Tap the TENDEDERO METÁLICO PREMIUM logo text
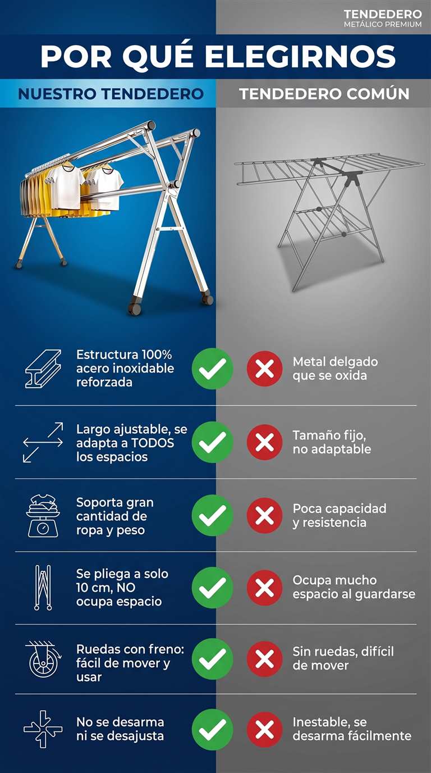tap(383, 19)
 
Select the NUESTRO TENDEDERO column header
tap(111, 94)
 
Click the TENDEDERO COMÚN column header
tap(324, 94)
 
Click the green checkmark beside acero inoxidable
tap(212, 369)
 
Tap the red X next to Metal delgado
tap(265, 369)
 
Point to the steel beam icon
tap(43, 369)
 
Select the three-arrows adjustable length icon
tap(43, 443)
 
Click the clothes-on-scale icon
tap(43, 516)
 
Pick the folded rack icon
tap(43, 588)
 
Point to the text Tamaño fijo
tap(329, 436)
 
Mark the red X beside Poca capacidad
tap(265, 516)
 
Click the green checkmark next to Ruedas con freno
tap(212, 659)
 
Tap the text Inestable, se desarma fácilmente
tap(352, 729)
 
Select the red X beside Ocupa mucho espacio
tap(265, 588)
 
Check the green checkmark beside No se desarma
tap(212, 730)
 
